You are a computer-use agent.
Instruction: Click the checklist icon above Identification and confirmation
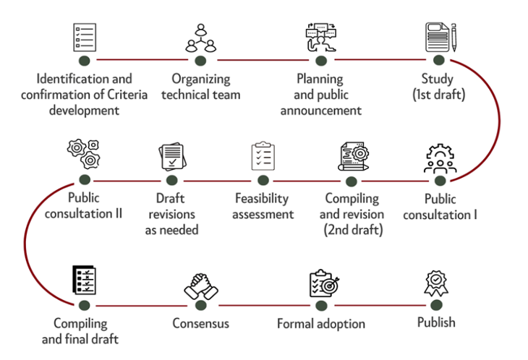(x=85, y=37)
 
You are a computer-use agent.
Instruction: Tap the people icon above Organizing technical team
(x=200, y=38)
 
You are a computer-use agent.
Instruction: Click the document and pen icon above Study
(x=439, y=37)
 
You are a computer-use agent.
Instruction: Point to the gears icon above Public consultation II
(x=85, y=154)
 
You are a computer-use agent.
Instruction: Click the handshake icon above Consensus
(x=200, y=285)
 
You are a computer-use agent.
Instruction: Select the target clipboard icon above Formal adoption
(x=320, y=283)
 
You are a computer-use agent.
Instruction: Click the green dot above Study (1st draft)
(x=438, y=60)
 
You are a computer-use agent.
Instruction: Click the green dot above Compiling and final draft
(x=85, y=305)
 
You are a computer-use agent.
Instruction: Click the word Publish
(x=436, y=322)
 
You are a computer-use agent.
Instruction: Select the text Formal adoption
(x=321, y=323)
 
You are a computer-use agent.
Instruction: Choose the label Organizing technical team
(x=201, y=86)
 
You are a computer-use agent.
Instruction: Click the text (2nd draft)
(x=352, y=231)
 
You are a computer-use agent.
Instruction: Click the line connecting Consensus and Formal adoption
(x=260, y=305)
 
